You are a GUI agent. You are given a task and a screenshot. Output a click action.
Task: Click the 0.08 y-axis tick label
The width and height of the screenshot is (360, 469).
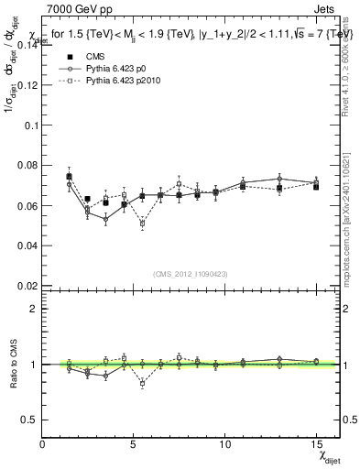(27, 165)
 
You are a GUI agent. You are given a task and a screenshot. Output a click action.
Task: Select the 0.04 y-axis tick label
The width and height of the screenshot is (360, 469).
(27, 245)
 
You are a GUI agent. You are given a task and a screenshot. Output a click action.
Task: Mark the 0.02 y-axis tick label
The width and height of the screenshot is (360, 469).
(27, 286)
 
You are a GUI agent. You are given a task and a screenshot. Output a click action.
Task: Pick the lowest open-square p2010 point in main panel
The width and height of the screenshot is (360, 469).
(142, 223)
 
